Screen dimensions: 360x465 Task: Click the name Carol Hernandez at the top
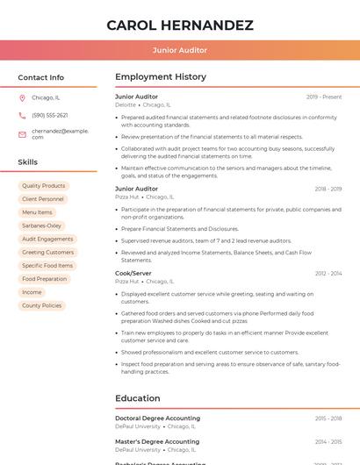click(180, 25)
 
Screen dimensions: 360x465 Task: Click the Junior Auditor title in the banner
click(180, 50)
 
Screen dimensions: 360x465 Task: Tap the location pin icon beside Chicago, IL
click(22, 97)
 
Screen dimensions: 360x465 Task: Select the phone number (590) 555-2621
click(50, 115)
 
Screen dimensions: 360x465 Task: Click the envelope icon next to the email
click(22, 134)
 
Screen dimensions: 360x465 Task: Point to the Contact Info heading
click(41, 77)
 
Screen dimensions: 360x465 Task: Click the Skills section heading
click(28, 162)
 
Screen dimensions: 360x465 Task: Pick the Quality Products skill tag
click(44, 186)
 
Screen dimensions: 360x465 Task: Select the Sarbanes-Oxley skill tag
click(42, 225)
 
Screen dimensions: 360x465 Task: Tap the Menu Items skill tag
click(37, 212)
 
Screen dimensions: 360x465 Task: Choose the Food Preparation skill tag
click(45, 279)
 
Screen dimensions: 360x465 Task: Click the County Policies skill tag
click(42, 305)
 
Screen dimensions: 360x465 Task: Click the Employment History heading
click(161, 77)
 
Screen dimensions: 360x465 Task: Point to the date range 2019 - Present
click(324, 97)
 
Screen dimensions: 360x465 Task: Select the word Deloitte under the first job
click(126, 104)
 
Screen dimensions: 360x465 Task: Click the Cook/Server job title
click(133, 273)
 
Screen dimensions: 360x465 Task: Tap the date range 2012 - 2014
click(328, 274)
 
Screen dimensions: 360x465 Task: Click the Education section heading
click(138, 398)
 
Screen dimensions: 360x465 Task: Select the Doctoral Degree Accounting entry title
click(157, 418)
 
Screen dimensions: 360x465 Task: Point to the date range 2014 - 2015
click(328, 441)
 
